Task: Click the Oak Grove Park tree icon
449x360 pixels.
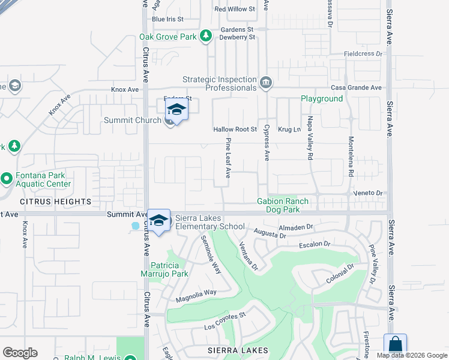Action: pyautogui.click(x=206, y=36)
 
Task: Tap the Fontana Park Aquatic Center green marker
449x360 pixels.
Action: pyautogui.click(x=7, y=178)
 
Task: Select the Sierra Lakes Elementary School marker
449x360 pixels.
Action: pyautogui.click(x=158, y=221)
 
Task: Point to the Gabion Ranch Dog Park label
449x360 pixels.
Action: pyautogui.click(x=283, y=205)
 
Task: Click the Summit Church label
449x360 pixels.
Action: pyautogui.click(x=133, y=121)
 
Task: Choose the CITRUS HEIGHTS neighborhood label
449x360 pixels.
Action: pyautogui.click(x=46, y=202)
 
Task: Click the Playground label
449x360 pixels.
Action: pyautogui.click(x=322, y=98)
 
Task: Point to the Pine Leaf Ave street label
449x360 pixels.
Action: pyautogui.click(x=228, y=158)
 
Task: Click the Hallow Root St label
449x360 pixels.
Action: pyautogui.click(x=235, y=130)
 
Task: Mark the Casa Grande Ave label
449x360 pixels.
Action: pyautogui.click(x=360, y=88)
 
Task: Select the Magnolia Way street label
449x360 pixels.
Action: pyautogui.click(x=196, y=296)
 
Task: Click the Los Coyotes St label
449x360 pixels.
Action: pyautogui.click(x=225, y=321)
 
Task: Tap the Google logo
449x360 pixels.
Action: pyautogui.click(x=20, y=353)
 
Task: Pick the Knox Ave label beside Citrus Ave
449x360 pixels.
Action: pyautogui.click(x=125, y=89)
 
